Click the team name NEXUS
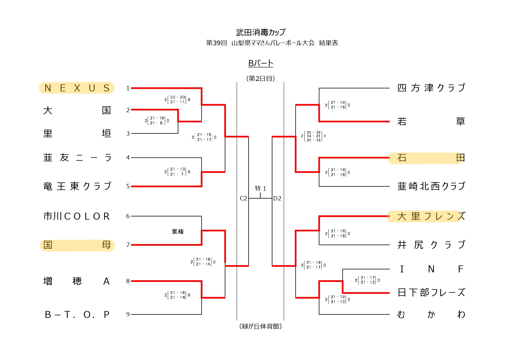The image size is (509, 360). pos(77,88)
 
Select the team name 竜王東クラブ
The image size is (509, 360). pos(77,186)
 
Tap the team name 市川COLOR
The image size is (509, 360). pos(77,216)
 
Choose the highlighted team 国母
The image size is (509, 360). pos(77,245)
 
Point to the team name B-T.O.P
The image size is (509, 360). pos(77,314)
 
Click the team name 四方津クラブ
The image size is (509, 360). pos(431,88)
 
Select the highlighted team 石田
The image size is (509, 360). pos(431,158)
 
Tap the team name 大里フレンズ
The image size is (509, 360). pos(431,216)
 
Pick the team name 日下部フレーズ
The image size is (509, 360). pos(431,292)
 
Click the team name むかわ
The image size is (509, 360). pos(431,314)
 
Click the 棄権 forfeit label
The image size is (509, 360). pos(178,231)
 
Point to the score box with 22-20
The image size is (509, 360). pos(177,100)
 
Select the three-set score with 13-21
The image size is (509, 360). pos(313,136)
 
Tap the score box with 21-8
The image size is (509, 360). pos(157,121)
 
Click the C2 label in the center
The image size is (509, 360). pos(243,198)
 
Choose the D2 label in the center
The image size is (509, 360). pos(277,198)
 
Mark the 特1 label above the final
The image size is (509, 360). pos(260,189)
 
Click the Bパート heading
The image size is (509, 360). pos(261,63)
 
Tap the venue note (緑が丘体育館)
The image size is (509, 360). pos(260,326)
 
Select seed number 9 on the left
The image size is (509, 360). pos(128,314)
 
